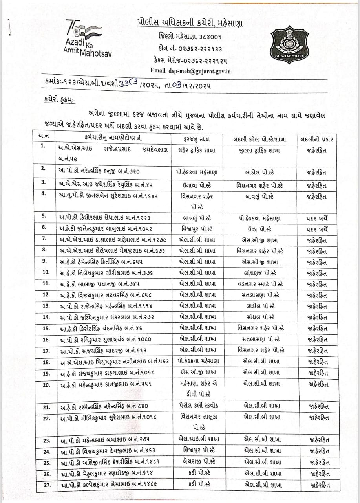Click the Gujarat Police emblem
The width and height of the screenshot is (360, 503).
pyautogui.click(x=287, y=43)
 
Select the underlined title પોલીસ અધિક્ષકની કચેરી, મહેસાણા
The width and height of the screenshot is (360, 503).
pyautogui.click(x=190, y=23)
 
